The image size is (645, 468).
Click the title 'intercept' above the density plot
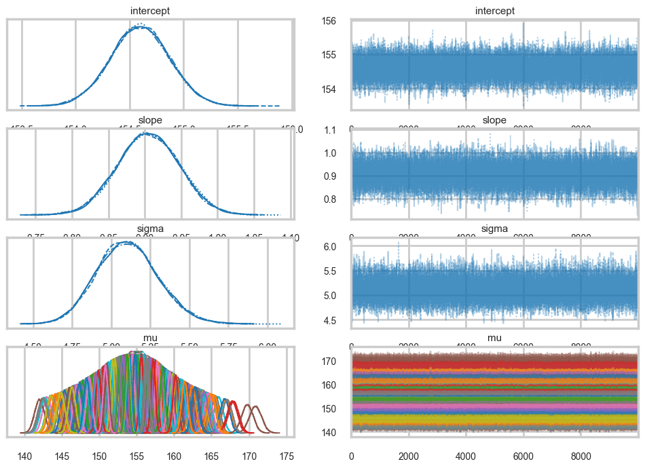point(149,11)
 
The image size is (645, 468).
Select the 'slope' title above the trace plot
point(494,120)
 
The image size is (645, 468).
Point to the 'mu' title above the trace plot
point(494,338)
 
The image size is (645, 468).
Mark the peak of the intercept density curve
point(140,26)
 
